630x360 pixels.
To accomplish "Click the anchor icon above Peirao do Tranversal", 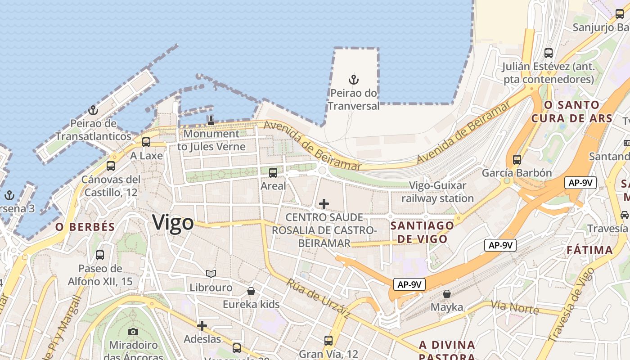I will [x=354, y=80].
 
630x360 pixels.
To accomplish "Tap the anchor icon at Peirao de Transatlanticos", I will [x=93, y=110].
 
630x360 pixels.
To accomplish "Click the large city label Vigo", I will [x=173, y=222].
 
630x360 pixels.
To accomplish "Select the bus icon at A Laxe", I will [x=146, y=142].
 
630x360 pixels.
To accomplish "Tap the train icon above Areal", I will [x=273, y=172].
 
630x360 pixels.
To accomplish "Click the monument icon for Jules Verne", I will [x=211, y=120].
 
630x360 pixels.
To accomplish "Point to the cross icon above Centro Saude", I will [x=324, y=204].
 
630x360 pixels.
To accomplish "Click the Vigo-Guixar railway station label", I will [x=437, y=192].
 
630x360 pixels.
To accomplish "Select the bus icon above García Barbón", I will [x=517, y=159].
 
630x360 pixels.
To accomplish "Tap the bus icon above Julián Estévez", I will [x=549, y=53].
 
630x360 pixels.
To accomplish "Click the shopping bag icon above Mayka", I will [x=447, y=294].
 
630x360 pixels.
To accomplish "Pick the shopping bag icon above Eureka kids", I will [x=251, y=291].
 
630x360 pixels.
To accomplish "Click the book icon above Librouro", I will [x=211, y=274].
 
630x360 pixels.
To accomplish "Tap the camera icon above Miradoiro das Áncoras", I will [x=133, y=332].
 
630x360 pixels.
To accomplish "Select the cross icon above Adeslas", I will [x=202, y=325].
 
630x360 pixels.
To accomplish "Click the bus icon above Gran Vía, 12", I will [x=328, y=340].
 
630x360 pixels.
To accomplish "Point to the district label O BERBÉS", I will [x=85, y=227].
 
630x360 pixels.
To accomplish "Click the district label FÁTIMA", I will [x=589, y=250].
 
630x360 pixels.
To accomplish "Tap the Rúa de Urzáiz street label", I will [x=318, y=299].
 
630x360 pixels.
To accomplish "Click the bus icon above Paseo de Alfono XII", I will [x=100, y=255].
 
